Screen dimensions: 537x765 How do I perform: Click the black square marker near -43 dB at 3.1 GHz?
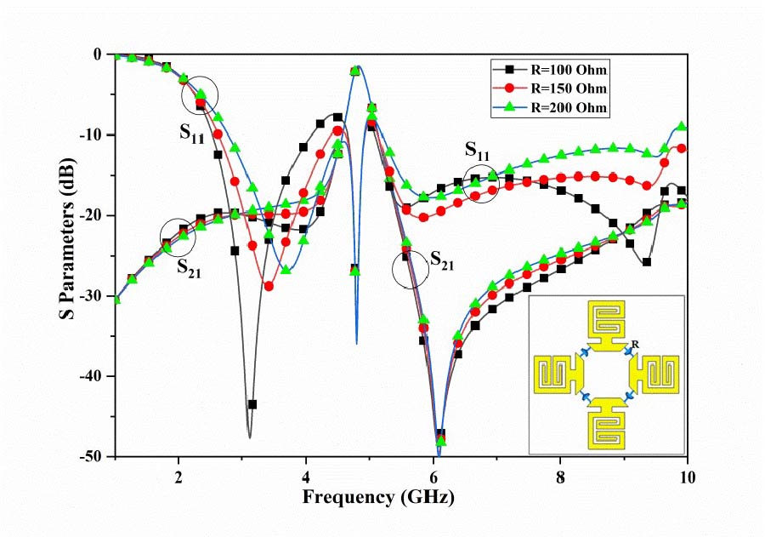[x=252, y=404]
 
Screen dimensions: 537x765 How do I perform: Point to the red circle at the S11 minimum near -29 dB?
[x=269, y=286]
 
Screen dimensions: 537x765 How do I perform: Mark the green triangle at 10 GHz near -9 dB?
[x=682, y=126]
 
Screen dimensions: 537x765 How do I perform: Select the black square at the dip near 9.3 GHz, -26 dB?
[x=646, y=261]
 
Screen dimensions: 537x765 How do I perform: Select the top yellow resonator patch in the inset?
[x=607, y=327]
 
